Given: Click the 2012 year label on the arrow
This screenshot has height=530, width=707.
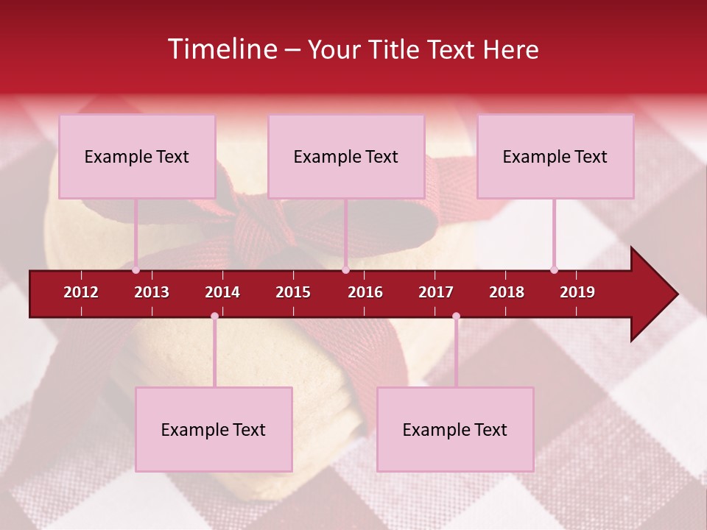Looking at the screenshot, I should click(81, 292).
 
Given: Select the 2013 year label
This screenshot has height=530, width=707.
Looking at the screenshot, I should click(152, 292).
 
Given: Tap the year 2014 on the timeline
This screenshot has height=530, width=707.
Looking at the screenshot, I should click(222, 292).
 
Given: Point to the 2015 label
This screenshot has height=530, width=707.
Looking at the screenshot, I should click(293, 292).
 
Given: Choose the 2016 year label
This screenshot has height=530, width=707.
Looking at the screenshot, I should click(365, 292).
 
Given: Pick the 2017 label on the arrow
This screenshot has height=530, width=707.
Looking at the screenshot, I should click(436, 292).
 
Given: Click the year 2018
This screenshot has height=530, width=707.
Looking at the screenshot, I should click(507, 292).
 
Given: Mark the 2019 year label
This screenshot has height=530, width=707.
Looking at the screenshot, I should click(577, 292).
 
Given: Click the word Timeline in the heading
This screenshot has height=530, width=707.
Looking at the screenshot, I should click(222, 49).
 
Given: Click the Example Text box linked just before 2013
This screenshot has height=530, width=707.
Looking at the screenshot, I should click(137, 156).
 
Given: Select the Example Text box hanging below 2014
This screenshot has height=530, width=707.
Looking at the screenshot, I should click(214, 429).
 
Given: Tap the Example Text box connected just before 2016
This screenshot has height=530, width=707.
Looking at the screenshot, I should click(346, 156).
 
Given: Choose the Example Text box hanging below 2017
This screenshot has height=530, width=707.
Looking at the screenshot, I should click(455, 429).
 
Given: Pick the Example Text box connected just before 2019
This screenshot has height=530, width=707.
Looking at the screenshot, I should click(555, 156).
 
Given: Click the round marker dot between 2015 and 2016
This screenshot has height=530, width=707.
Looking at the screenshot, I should click(345, 269).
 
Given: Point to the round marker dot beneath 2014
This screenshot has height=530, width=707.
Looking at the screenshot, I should click(214, 316).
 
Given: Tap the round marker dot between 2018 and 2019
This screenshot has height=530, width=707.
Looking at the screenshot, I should click(554, 269).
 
